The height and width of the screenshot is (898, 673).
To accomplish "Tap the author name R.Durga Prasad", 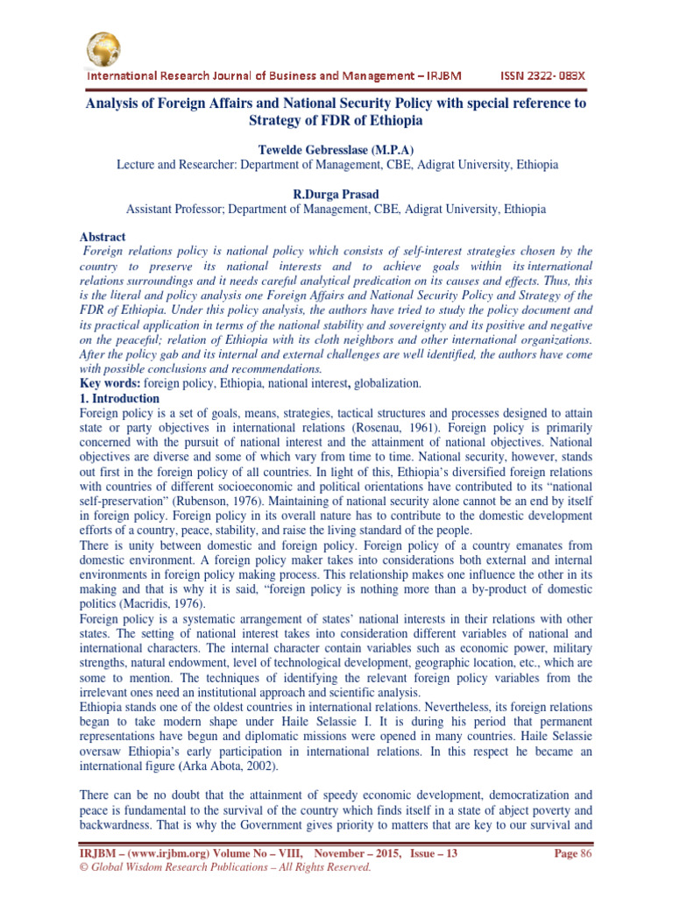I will (336, 194).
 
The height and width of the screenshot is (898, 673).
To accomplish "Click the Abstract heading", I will (102, 237).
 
